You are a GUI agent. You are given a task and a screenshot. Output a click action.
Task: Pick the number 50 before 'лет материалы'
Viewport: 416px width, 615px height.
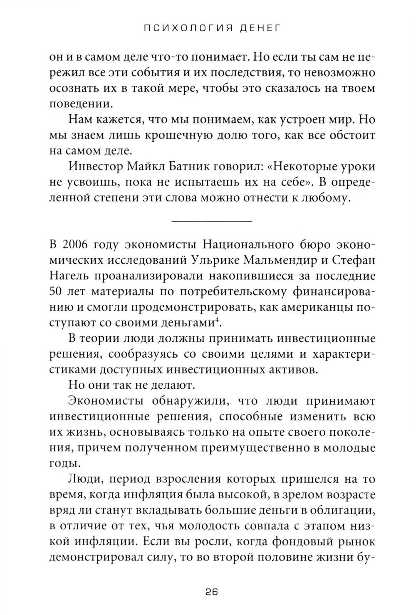click(56, 291)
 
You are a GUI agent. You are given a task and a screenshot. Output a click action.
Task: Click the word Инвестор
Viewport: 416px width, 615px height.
click(89, 167)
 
